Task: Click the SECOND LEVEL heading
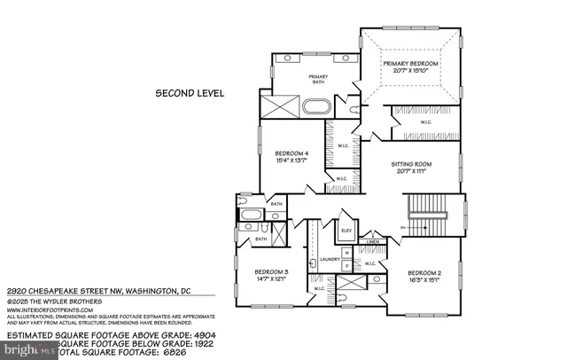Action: [190, 92]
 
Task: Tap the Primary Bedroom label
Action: [412, 65]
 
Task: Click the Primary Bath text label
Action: [318, 79]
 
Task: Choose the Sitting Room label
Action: [411, 164]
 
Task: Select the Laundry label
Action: [330, 259]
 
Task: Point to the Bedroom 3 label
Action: [272, 271]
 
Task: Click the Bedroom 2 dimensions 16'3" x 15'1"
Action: [424, 279]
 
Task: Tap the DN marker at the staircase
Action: [402, 228]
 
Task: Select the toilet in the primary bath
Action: [354, 109]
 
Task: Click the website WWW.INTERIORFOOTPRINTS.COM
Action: [53, 310]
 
